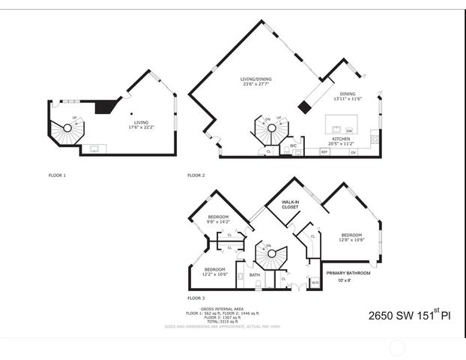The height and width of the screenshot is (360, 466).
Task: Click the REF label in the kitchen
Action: point(324,151)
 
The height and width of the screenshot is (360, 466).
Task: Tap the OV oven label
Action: point(353,151)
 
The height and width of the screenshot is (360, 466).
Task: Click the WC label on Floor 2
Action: point(294,145)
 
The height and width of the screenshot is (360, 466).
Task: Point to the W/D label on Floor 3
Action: point(314,282)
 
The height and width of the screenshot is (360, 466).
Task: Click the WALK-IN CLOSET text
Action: point(290,204)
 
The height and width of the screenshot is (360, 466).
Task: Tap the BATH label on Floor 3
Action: point(254,274)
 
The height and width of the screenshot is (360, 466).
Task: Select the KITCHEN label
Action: point(342,139)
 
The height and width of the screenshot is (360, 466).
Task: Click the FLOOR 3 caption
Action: point(196,297)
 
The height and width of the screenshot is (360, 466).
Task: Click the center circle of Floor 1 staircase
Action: point(67,128)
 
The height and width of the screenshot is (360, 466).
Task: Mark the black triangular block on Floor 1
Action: point(105,106)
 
